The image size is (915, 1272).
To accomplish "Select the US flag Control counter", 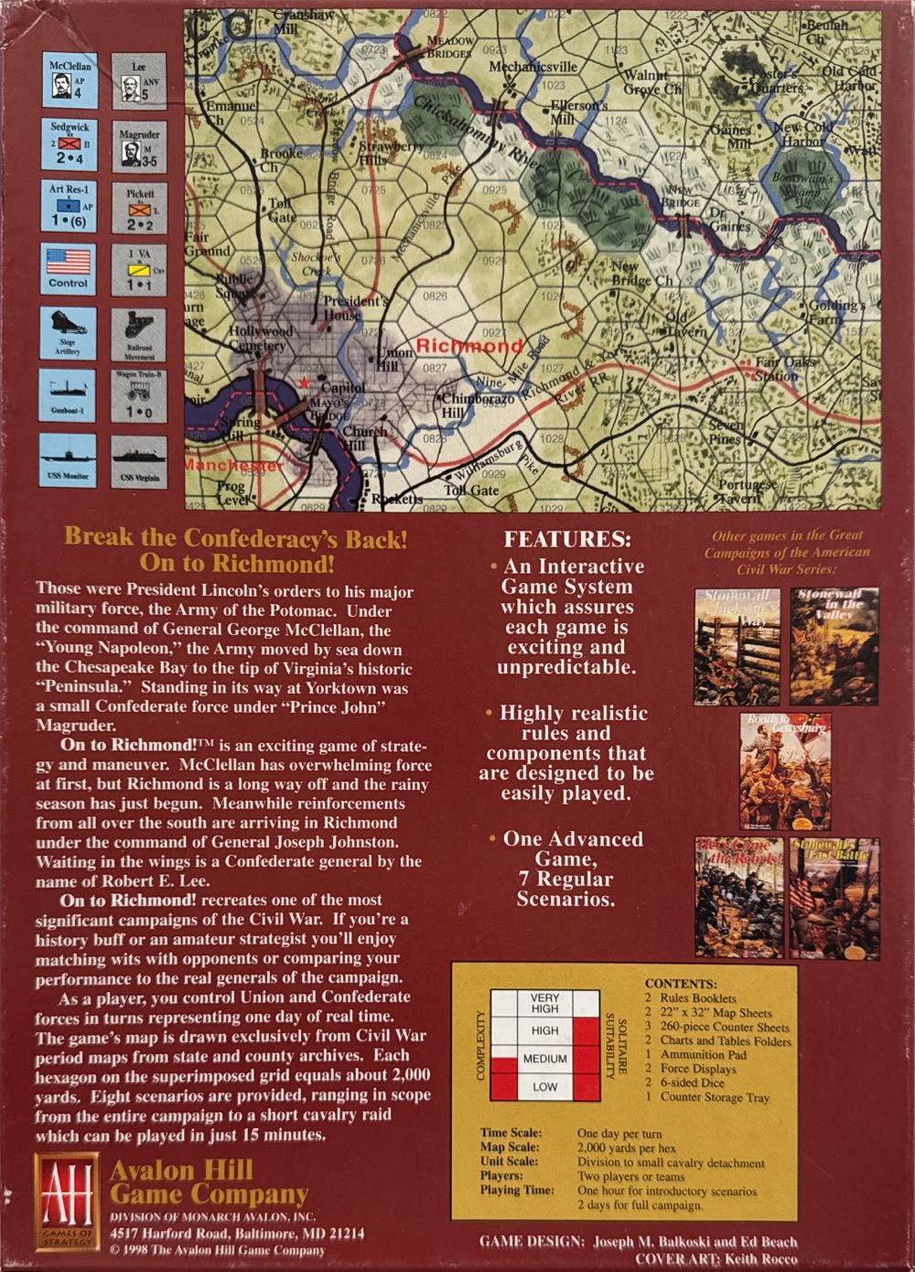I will click(69, 269).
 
